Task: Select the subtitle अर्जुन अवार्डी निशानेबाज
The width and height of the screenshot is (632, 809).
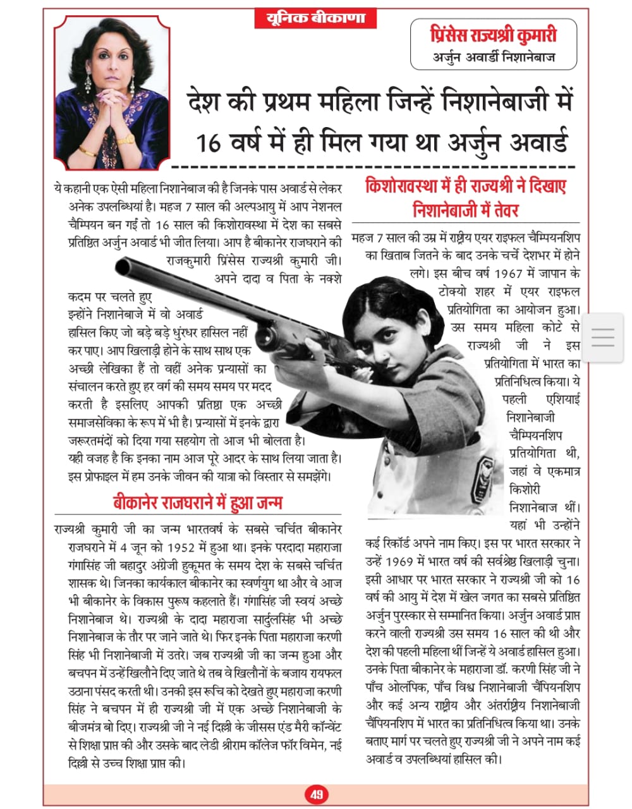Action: (x=494, y=58)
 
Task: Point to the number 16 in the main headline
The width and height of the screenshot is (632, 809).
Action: (x=209, y=143)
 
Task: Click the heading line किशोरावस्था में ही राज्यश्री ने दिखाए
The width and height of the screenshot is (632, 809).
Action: (x=466, y=186)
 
